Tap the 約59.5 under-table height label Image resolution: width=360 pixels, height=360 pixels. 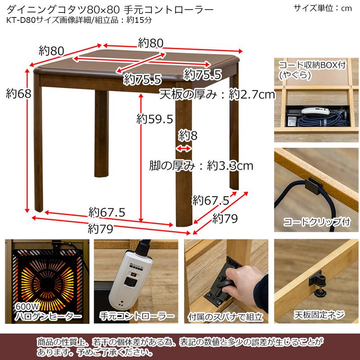point(155,119)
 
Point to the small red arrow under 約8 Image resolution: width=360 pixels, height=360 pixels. point(184,148)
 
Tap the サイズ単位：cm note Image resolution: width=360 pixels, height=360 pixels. point(322,8)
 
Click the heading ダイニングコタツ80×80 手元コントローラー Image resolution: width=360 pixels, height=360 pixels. point(110,9)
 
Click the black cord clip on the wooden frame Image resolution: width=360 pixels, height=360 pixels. point(311,185)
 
